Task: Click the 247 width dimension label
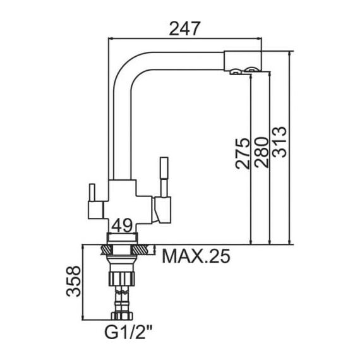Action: (185, 28)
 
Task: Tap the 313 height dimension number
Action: (279, 142)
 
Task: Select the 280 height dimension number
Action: (261, 152)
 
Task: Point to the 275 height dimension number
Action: (243, 153)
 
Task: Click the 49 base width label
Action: (122, 225)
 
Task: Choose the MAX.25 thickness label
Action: (196, 256)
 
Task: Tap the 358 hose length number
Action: (74, 281)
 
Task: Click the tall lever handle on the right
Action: (164, 177)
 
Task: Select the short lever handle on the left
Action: (92, 193)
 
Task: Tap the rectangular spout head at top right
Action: (243, 60)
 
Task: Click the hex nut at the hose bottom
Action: (122, 316)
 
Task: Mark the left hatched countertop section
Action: (106, 249)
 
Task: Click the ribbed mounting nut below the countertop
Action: (122, 279)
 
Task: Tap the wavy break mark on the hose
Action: (122, 292)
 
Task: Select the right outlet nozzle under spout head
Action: (251, 69)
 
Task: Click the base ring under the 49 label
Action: (122, 237)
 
